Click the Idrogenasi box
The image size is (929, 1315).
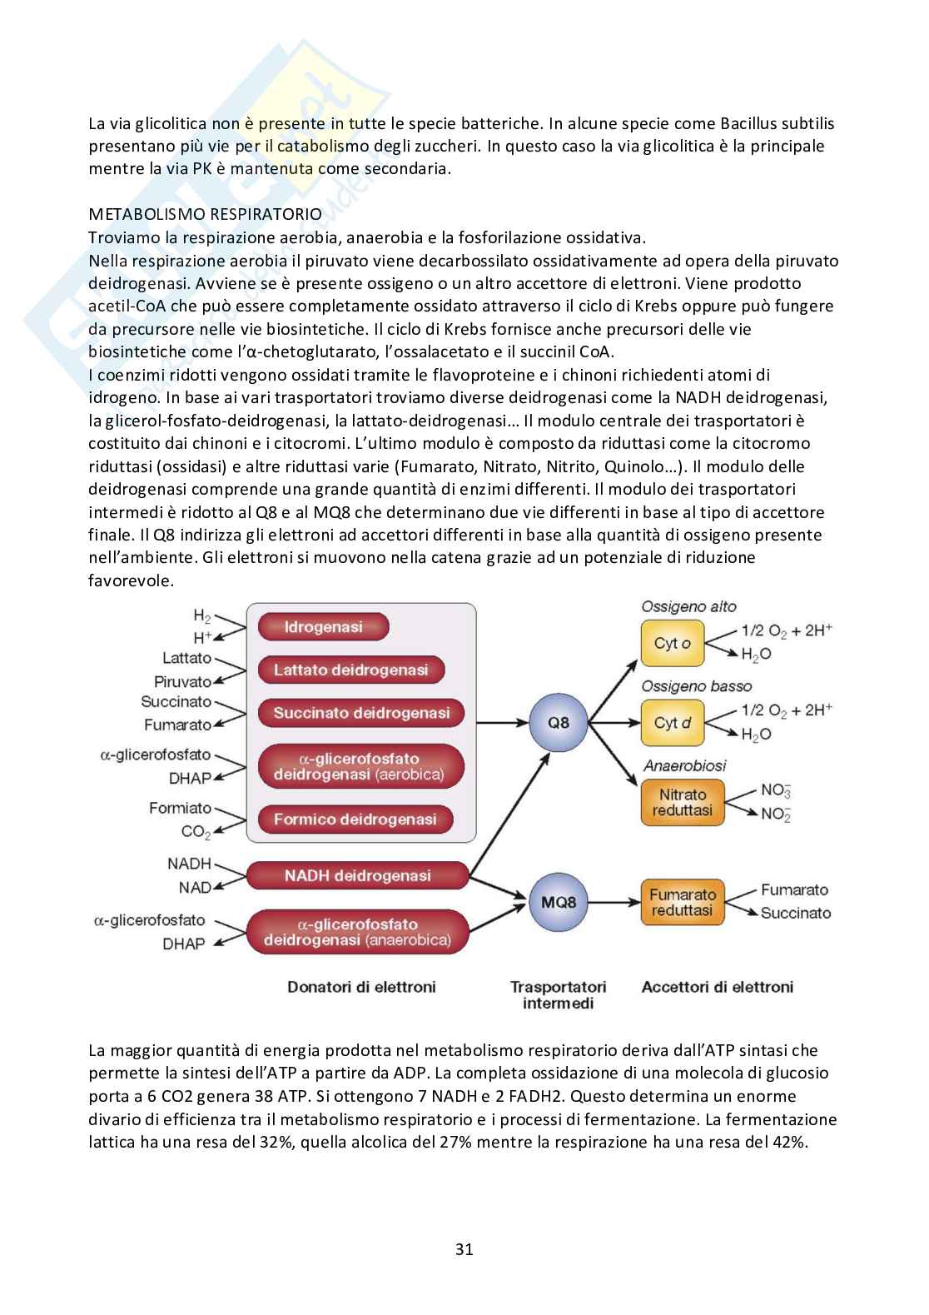click(x=323, y=627)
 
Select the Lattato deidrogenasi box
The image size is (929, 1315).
click(x=350, y=670)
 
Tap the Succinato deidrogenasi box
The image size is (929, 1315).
click(x=361, y=713)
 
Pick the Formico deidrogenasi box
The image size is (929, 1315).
click(x=355, y=819)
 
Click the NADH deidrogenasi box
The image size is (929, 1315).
click(x=358, y=875)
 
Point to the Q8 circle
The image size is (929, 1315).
click(x=559, y=722)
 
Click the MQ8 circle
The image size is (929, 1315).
click(x=559, y=902)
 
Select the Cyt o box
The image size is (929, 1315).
click(x=672, y=644)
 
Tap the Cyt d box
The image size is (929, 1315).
click(x=672, y=723)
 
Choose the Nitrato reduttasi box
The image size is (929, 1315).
click(x=682, y=802)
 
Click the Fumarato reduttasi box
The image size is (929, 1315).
click(x=682, y=903)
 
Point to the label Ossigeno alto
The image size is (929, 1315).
click(x=688, y=607)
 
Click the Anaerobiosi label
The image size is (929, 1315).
click(x=684, y=765)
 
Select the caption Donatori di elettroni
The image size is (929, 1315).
click(x=361, y=987)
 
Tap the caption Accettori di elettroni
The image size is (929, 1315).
click(x=717, y=987)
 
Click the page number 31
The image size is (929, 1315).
click(x=464, y=1249)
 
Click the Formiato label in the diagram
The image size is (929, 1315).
click(x=180, y=808)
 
